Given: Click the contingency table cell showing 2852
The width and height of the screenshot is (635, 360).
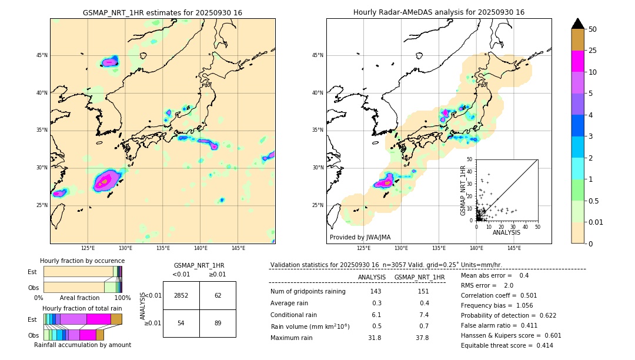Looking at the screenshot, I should coord(181,295).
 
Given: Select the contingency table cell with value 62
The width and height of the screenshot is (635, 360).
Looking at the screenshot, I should coord(218,295).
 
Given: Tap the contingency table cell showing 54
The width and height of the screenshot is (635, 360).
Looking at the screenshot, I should coord(181,324).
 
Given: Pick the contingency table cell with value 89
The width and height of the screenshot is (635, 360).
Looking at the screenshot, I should coord(218,324).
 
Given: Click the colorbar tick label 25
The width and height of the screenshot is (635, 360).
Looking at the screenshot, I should coord(593,51).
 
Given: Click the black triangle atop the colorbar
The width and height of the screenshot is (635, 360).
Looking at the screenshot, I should coord(578,24).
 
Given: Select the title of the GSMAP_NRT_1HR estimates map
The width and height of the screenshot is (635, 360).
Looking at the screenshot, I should coord(162,13).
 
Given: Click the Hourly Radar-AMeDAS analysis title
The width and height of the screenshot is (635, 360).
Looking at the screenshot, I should coord(439,12).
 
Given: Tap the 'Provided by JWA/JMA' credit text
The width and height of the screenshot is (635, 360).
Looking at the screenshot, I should coord(360,237).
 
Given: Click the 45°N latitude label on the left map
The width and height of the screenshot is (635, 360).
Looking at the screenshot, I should coord(42,55).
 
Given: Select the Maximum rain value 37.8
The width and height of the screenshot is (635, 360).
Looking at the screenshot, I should coord(422,338).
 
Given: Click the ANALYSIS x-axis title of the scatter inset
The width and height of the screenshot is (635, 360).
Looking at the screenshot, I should coord(507,232).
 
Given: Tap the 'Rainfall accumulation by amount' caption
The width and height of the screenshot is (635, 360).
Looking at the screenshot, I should coord(87,345).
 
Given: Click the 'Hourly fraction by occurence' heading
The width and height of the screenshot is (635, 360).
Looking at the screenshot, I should coord(82,261).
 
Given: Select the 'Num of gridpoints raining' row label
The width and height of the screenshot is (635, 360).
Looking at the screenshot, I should coord(308,292).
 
